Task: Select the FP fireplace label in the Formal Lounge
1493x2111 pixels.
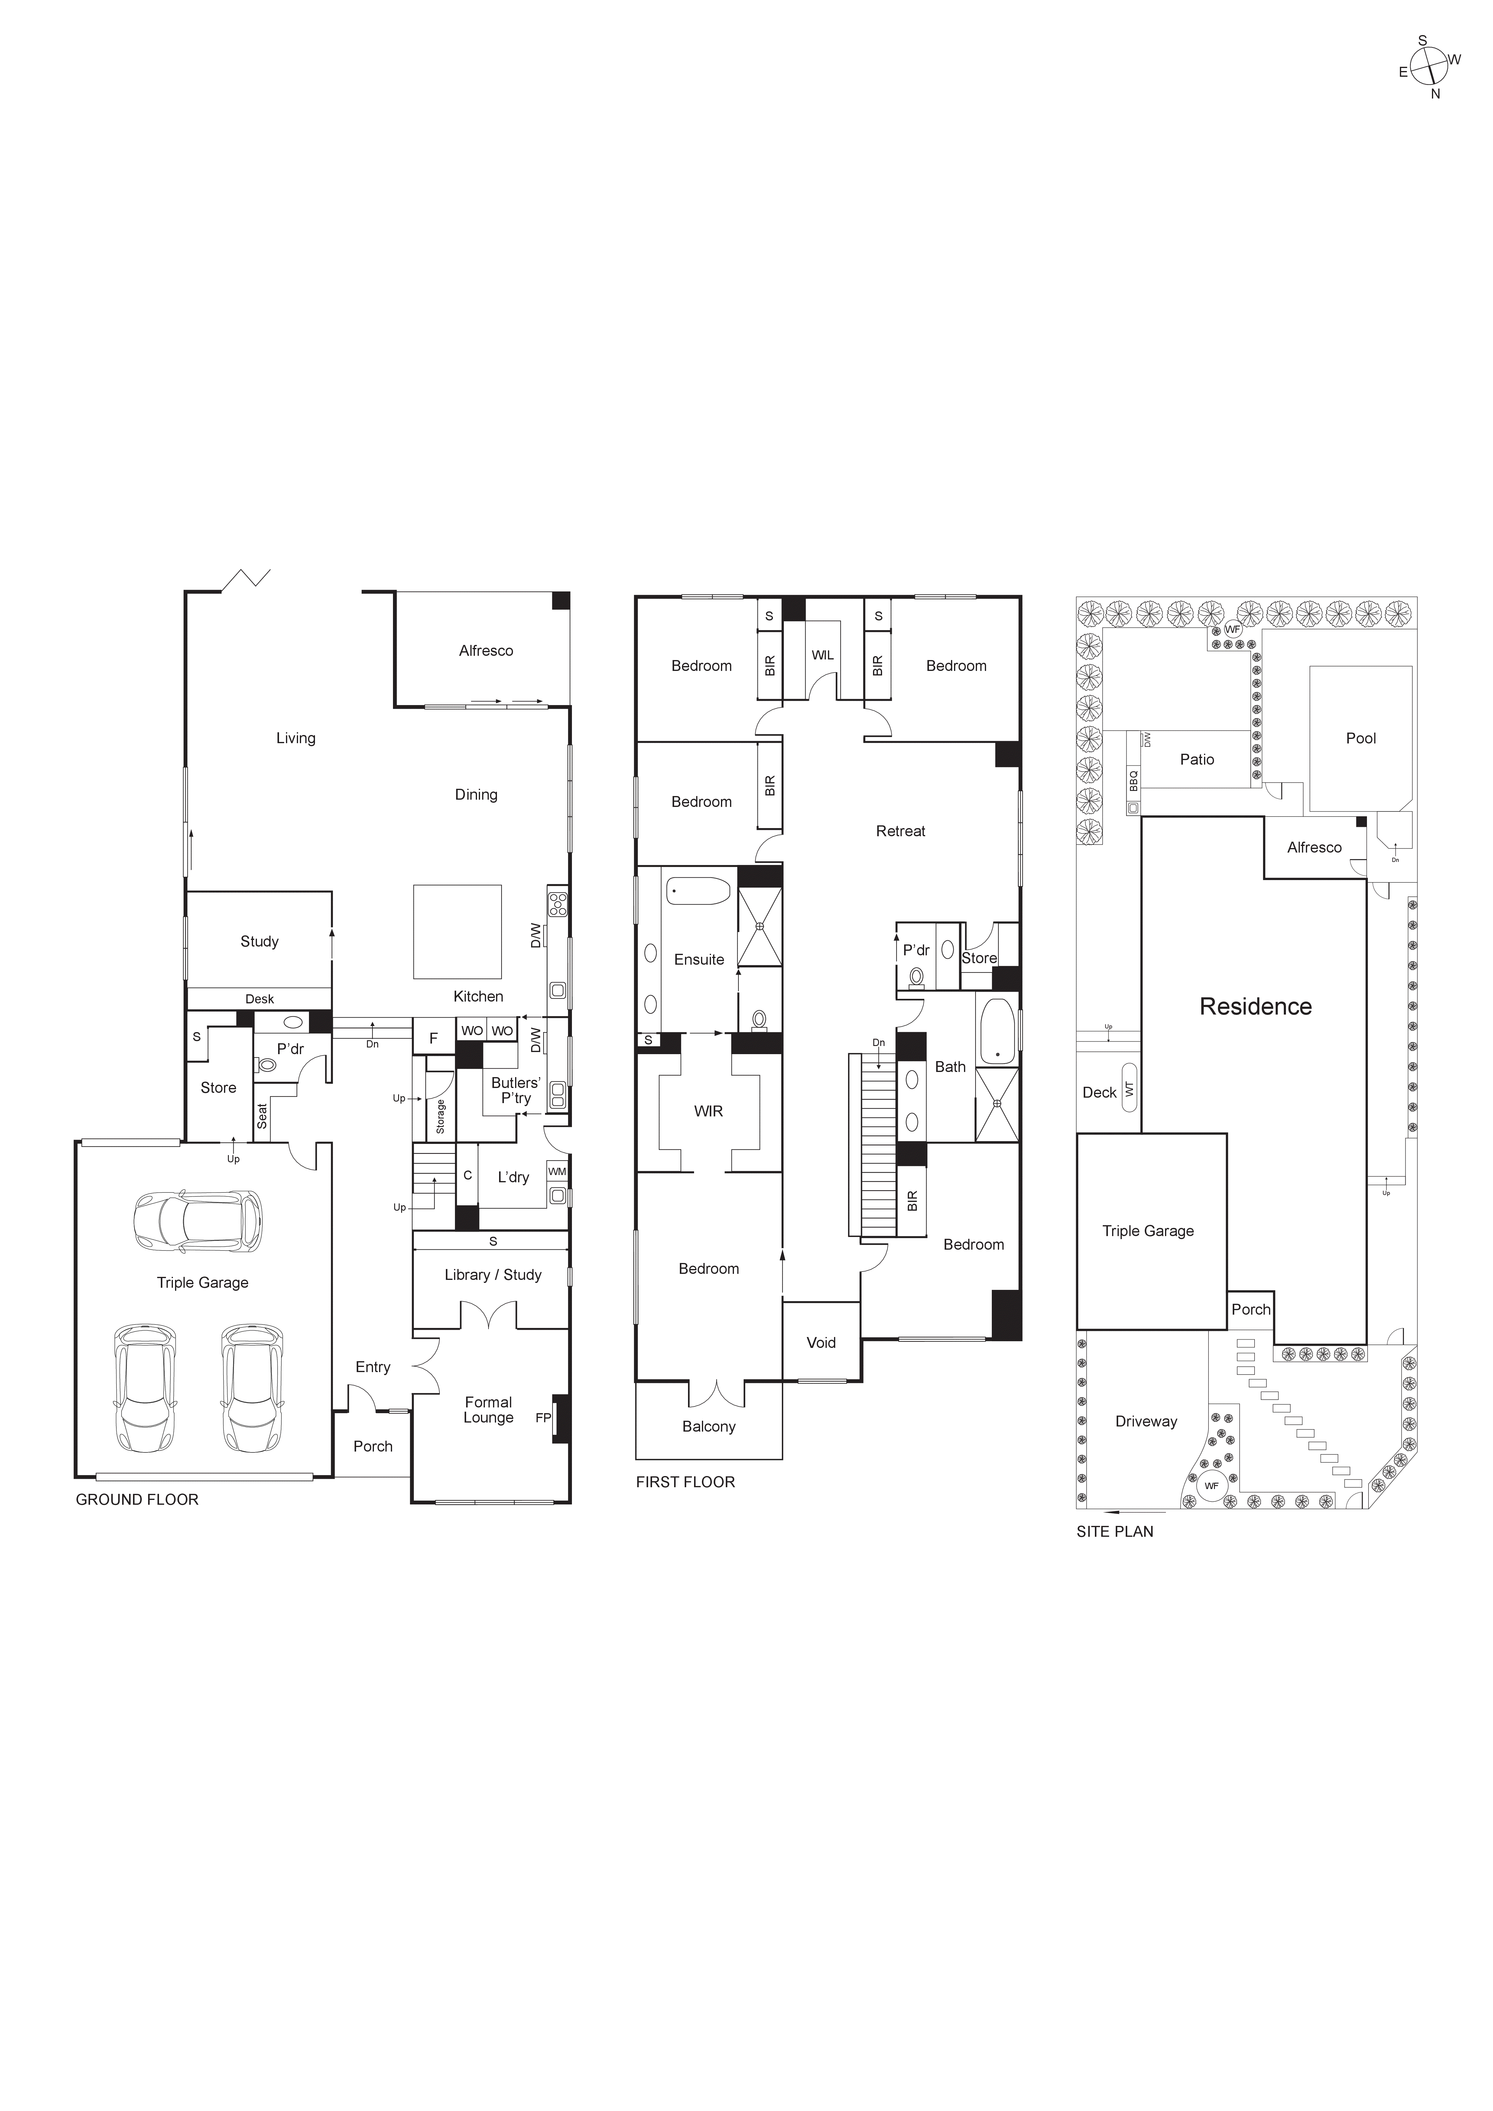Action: [x=543, y=1418]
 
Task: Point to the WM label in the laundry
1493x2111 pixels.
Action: [x=557, y=1171]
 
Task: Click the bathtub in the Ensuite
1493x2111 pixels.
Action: [x=697, y=891]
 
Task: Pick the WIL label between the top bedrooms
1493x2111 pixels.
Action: [x=823, y=656]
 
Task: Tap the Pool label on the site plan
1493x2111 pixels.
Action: [x=1361, y=738]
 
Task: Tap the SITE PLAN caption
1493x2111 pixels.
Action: [x=1114, y=1532]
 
